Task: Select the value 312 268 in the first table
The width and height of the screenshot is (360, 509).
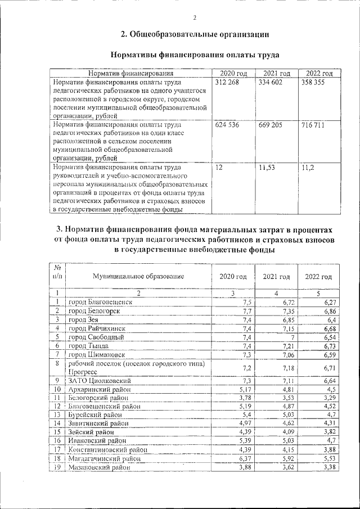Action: tap(227, 82)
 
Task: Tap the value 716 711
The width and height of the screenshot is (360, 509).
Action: tap(313, 125)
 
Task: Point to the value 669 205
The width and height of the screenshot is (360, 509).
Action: tap(271, 125)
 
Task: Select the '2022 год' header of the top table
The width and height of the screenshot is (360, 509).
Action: tap(319, 73)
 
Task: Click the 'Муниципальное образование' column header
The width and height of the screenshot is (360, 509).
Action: tap(138, 276)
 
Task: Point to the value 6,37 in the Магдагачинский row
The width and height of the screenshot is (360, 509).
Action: tap(242, 458)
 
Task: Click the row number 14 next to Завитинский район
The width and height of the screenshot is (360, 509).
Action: tap(57, 423)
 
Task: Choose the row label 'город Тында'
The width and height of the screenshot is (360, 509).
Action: tap(90, 345)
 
